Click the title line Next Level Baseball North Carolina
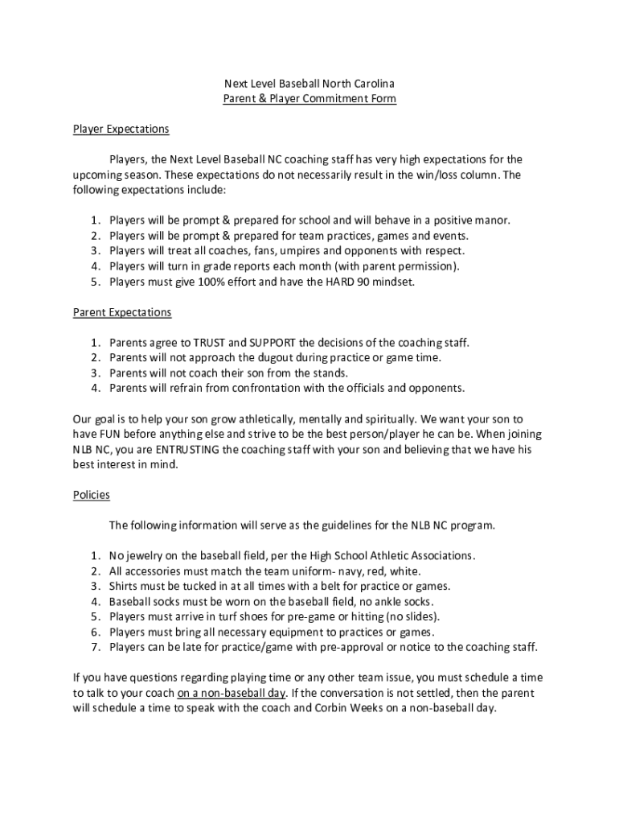309,84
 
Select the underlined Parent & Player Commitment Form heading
309,99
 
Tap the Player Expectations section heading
121,129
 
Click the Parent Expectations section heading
122,312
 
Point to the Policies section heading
91,495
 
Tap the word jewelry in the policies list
144,556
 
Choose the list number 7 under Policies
93,647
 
